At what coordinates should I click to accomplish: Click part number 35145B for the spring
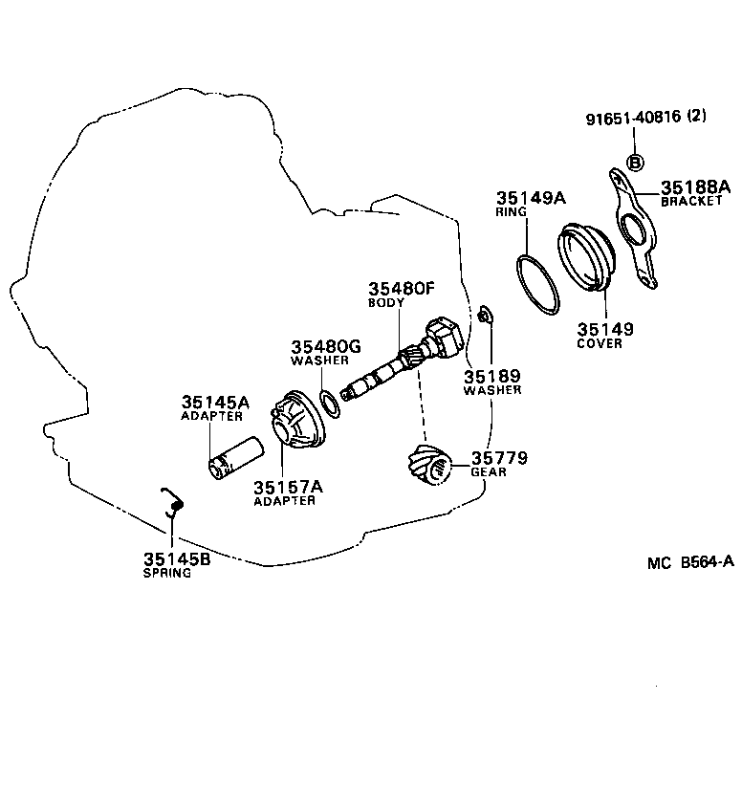176,559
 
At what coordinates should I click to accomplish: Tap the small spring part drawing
172,501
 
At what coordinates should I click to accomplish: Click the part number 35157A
288,487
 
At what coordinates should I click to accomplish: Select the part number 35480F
402,289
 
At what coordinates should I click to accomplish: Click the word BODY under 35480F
386,303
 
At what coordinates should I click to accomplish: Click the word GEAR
488,472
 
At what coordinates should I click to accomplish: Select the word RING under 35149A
512,212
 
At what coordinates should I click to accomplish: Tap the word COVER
600,343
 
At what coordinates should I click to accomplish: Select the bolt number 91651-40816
632,118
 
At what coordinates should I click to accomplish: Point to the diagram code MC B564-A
689,562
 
